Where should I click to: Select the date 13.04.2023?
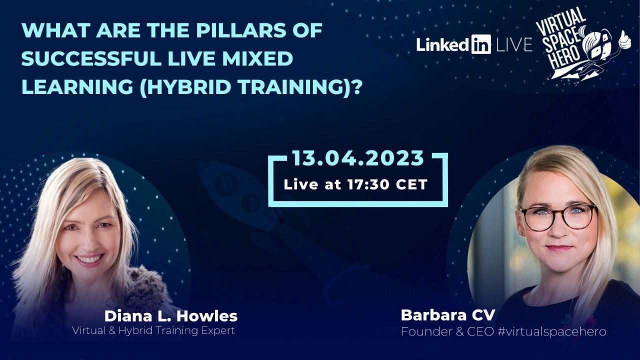[x=358, y=158]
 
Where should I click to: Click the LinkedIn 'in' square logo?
[x=480, y=44]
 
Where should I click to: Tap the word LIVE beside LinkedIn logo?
[x=514, y=45]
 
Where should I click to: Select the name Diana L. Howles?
[x=170, y=316]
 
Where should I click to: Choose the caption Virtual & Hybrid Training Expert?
[x=153, y=330]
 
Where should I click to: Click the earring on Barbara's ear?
[x=520, y=234]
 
